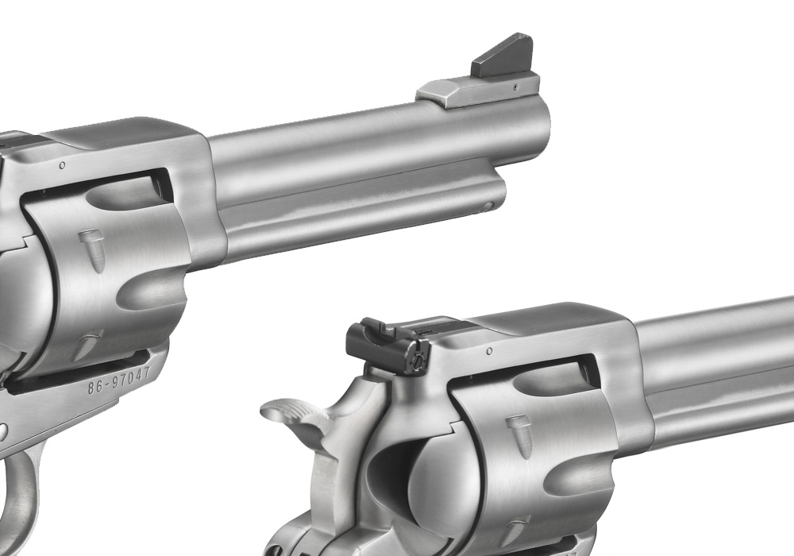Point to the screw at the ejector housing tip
coord(488,206)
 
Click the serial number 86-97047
coord(119,380)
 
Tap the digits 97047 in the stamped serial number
coord(131,376)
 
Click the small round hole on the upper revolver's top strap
coord(62,165)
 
